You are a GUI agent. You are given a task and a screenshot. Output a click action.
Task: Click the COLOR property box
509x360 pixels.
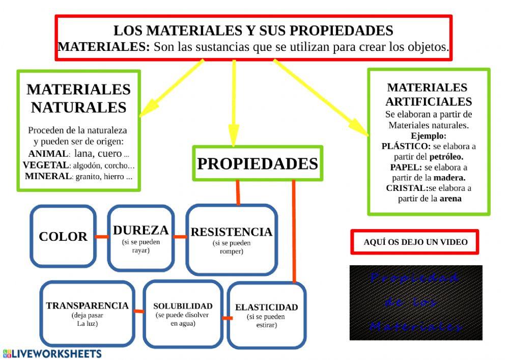[63, 236]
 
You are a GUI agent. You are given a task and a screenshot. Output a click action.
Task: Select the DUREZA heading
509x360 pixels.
[140, 230]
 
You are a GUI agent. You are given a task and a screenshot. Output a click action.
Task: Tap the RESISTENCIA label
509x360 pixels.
[232, 232]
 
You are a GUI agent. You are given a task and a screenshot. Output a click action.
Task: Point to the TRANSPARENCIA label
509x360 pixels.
[87, 306]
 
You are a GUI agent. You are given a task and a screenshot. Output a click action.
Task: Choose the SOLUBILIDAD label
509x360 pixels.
[183, 306]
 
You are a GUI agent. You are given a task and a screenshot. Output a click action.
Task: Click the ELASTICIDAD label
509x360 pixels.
[266, 308]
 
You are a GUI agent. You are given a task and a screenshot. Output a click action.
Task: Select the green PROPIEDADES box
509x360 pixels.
[258, 164]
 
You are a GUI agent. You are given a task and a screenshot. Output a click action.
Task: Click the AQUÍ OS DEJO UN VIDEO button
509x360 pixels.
[415, 242]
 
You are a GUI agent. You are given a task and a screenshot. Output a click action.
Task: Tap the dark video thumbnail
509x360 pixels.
[416, 302]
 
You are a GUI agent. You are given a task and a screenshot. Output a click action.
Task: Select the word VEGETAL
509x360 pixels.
[46, 165]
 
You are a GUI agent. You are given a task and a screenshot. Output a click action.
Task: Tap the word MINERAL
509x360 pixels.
[47, 176]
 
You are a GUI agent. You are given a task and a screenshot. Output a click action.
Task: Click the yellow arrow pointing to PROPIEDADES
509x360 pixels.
[234, 102]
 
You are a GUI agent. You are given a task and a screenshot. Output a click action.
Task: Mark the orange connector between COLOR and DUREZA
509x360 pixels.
[102, 237]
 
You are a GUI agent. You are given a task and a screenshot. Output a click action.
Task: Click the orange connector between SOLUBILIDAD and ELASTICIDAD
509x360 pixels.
[227, 318]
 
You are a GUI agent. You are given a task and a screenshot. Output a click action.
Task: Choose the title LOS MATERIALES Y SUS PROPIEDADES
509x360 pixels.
[253, 31]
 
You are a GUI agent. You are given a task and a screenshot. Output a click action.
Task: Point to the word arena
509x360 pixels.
[450, 199]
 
